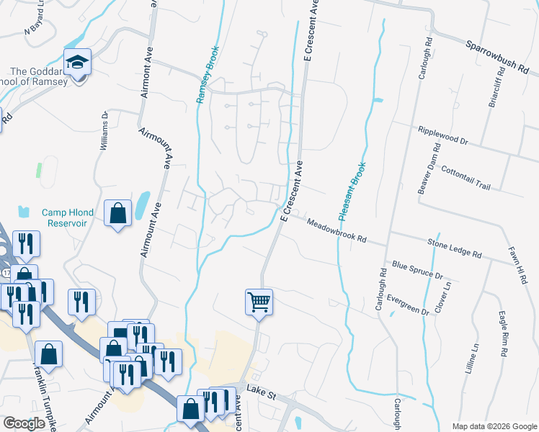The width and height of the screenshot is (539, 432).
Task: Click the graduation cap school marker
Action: (x=77, y=63)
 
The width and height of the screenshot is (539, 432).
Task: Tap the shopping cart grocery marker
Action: (x=259, y=301)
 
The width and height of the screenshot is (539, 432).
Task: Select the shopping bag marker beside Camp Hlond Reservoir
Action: (x=117, y=213)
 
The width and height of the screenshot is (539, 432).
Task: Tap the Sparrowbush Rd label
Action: (x=497, y=58)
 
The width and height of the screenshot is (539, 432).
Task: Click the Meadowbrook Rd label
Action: (x=337, y=231)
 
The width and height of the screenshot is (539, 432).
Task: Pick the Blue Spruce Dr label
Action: (x=416, y=271)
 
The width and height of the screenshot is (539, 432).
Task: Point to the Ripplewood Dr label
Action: (x=442, y=136)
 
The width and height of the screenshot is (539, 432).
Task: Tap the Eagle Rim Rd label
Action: (x=502, y=335)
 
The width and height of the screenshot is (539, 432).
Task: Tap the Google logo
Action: (x=25, y=423)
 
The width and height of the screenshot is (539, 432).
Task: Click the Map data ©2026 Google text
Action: (x=494, y=426)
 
